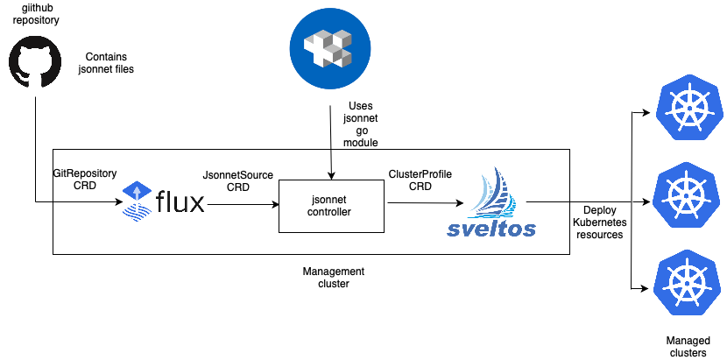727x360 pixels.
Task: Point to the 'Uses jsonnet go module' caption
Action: click(x=360, y=124)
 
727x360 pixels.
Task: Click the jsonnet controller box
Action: click(x=331, y=207)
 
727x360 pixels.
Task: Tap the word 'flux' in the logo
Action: click(x=180, y=202)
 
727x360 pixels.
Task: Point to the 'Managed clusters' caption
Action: click(x=686, y=346)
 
